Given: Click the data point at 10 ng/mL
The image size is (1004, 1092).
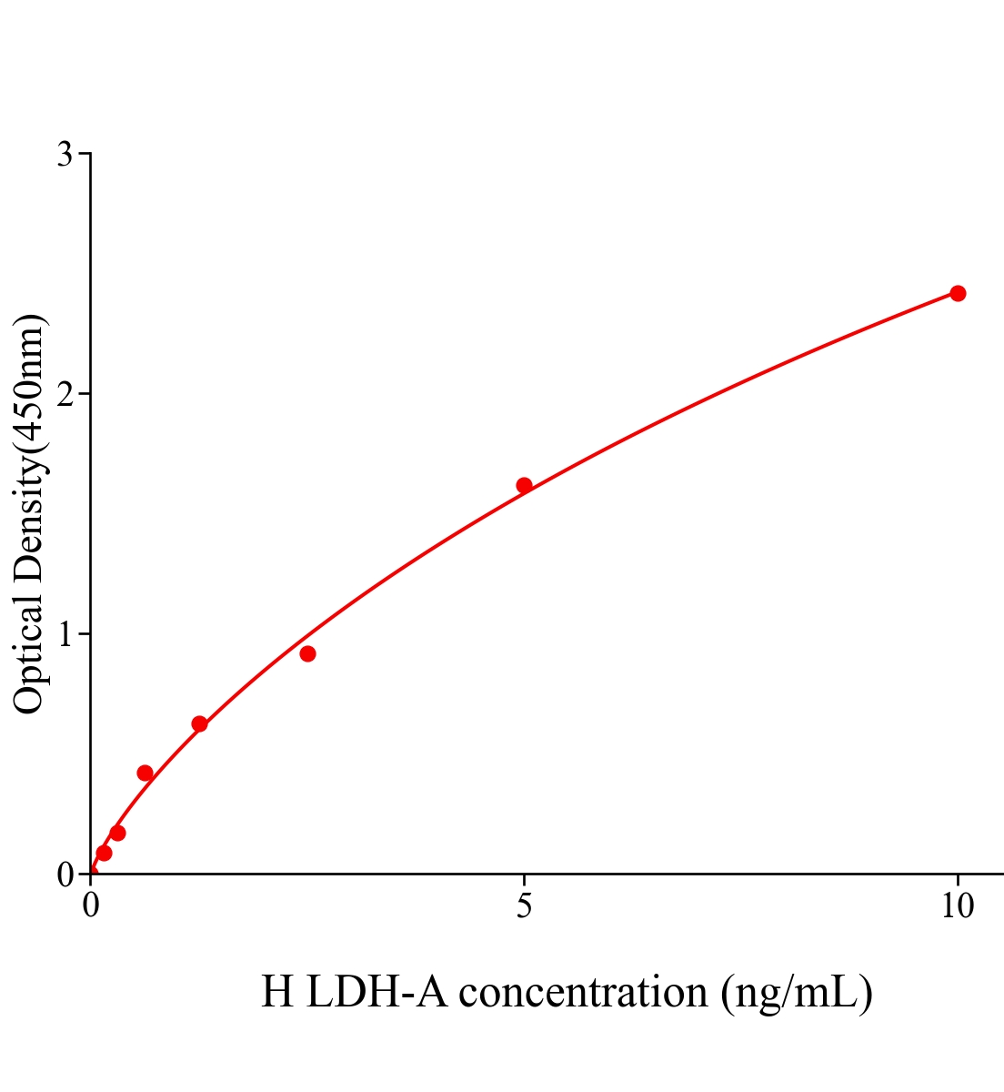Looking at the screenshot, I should coord(958,293).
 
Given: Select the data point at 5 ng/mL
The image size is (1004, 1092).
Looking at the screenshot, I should coord(524,485).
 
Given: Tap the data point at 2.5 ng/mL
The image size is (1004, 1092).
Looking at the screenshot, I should coord(307,653).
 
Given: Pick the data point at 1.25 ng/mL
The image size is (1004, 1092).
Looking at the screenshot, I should coord(199,724).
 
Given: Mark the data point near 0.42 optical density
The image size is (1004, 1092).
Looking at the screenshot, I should coord(145,773).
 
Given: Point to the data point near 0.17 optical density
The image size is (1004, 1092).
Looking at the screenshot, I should coord(117,833).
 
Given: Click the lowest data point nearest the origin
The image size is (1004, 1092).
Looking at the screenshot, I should coord(104,853).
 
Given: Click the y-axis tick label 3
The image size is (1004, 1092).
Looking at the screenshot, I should coord(65,155).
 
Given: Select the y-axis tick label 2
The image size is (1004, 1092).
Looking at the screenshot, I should coord(65,394).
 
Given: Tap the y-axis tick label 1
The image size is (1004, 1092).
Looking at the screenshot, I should coord(65,634).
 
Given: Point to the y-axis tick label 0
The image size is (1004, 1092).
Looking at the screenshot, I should coord(65,875).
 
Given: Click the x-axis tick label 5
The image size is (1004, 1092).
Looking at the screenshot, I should coord(524,906).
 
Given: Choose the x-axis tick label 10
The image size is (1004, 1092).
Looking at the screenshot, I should coord(957,906).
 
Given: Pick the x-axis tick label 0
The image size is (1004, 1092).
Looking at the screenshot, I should coord(91,906).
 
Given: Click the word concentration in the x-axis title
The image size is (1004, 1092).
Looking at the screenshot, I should coord(583,992).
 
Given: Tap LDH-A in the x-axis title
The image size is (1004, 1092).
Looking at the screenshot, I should coord(376,992).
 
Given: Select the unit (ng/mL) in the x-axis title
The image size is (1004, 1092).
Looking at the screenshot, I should coord(797,992).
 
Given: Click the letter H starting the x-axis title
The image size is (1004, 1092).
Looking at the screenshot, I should coord(277,992).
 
